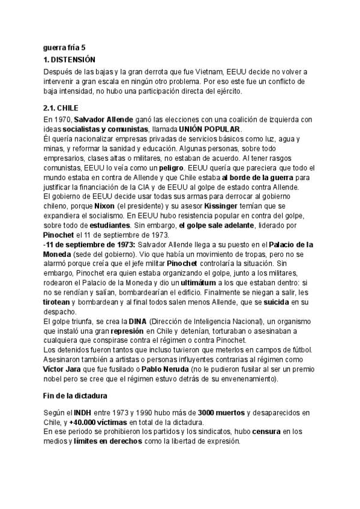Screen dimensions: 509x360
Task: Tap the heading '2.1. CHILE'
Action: (61, 107)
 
